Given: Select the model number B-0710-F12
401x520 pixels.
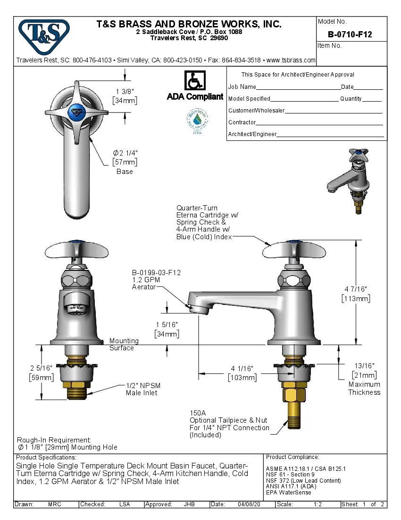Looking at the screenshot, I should pyautogui.click(x=350, y=35).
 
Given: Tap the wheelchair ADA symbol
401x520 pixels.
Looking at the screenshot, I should pyautogui.click(x=195, y=80).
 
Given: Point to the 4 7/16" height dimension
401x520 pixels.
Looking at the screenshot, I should pyautogui.click(x=355, y=289).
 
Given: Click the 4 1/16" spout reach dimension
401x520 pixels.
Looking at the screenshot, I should pyautogui.click(x=242, y=369).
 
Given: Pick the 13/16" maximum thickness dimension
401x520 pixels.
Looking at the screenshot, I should pyautogui.click(x=364, y=365).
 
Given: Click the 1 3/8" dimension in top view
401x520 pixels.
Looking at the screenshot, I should pyautogui.click(x=125, y=91).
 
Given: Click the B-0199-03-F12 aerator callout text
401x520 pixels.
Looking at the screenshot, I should pyautogui.click(x=156, y=273).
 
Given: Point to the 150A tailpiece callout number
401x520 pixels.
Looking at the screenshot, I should pyautogui.click(x=198, y=413).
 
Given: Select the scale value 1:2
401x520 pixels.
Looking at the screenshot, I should pyautogui.click(x=317, y=504).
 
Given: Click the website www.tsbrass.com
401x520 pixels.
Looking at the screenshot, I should pyautogui.click(x=291, y=60).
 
